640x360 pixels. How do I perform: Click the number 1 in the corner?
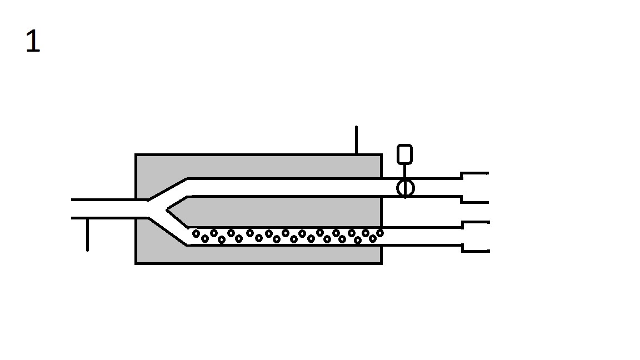pos(33,42)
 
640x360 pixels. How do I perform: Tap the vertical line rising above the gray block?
pos(356,140)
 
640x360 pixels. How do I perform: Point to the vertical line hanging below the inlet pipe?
pos(87,234)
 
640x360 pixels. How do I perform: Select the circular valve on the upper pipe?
pos(406,188)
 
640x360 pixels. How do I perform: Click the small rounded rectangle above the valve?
pos(405,154)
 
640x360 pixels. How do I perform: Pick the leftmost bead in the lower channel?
pos(196,234)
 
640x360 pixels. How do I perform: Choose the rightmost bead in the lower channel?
pos(380,233)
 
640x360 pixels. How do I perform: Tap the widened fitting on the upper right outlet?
pos(475,188)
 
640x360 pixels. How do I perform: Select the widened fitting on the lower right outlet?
pos(475,237)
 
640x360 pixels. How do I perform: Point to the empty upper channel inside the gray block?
pos(283,187)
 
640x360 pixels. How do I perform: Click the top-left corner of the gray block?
pos(136,155)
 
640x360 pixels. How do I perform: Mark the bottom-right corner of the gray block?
pos(381,263)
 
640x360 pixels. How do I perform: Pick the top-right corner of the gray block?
pos(381,155)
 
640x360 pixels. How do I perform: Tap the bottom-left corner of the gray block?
pos(136,263)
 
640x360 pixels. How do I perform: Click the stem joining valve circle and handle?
pos(405,172)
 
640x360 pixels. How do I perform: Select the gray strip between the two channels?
pos(283,212)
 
